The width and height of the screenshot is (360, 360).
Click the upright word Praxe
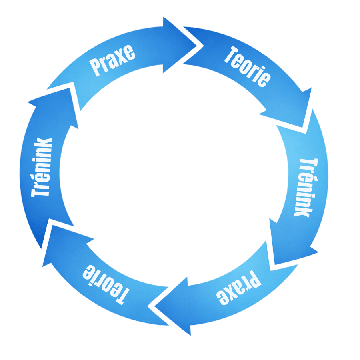pyautogui.click(x=112, y=60)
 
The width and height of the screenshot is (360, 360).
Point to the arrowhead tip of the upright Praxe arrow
pyautogui.click(x=197, y=45)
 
